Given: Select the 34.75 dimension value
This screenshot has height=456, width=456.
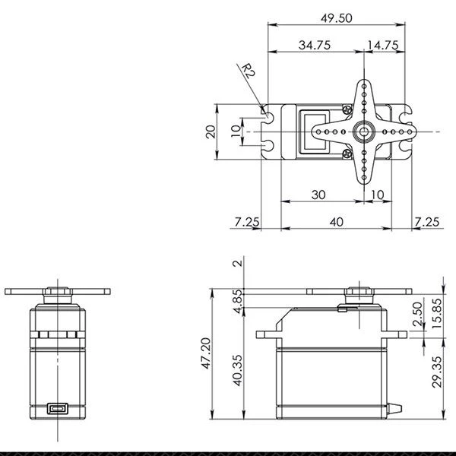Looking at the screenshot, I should pos(314,46).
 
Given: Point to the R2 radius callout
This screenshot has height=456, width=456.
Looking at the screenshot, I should pos(248,73).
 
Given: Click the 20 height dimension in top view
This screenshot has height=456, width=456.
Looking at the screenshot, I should pos(211,131).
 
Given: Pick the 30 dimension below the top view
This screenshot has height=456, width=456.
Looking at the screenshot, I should pos(318,195).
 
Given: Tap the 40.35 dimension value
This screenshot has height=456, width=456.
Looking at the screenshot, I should pos(238,369).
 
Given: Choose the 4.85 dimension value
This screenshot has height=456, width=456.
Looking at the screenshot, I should pos(238,302).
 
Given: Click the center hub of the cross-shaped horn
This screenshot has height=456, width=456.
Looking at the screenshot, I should pos(363,131).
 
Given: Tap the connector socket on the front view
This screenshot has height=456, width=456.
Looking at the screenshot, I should pos(57,409).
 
